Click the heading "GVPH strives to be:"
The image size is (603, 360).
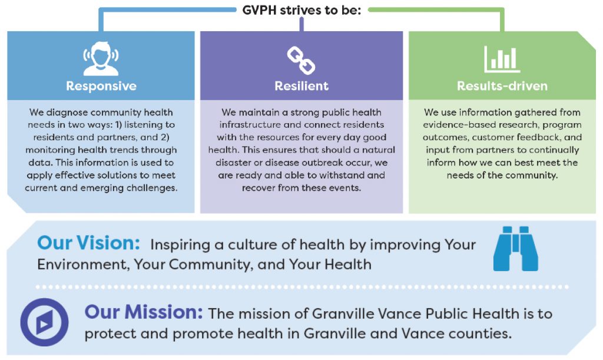(301, 10)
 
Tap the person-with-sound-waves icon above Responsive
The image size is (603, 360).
(101, 58)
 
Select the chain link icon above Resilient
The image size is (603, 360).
(301, 60)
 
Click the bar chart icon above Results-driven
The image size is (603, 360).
(502, 60)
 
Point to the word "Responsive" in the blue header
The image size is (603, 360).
(101, 86)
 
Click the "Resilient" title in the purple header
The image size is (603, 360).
(301, 86)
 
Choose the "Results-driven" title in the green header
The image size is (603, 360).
(502, 86)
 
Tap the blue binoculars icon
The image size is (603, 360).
(516, 249)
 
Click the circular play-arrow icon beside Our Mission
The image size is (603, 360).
(45, 322)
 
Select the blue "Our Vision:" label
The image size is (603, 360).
(88, 243)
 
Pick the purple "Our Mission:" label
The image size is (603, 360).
(144, 312)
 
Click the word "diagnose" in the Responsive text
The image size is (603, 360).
(67, 113)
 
